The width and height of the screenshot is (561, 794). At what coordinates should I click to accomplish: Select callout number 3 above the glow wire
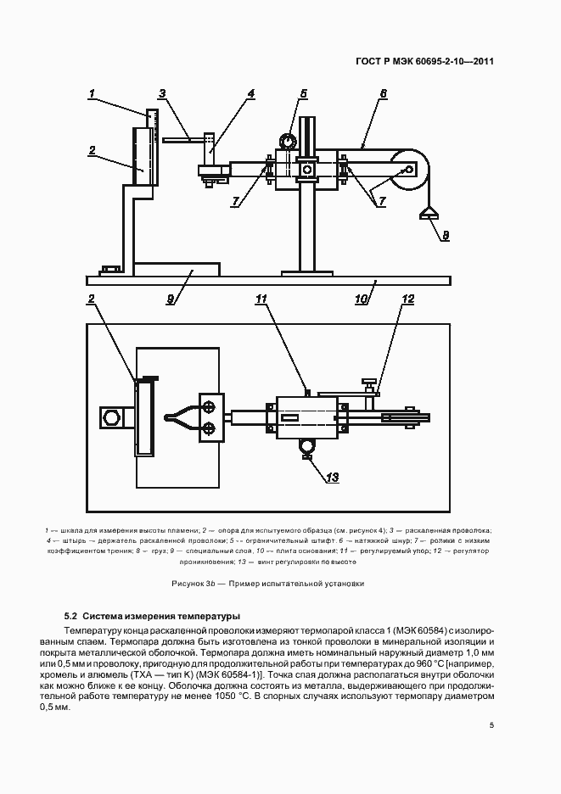tap(162, 93)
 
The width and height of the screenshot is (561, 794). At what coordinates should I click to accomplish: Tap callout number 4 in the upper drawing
tap(251, 93)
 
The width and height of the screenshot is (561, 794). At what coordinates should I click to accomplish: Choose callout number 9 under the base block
tap(170, 299)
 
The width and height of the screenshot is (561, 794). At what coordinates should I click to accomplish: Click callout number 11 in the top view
tap(261, 299)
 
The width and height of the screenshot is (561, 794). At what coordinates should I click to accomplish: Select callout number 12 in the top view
tap(407, 299)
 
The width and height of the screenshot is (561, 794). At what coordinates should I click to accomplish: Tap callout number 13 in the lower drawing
tap(333, 478)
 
